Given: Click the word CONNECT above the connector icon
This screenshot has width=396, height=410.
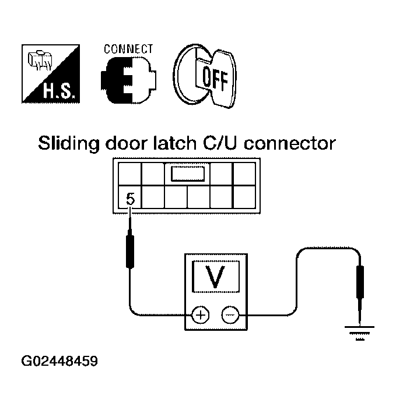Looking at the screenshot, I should [128, 49].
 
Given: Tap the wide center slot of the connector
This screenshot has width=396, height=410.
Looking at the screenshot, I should [187, 174].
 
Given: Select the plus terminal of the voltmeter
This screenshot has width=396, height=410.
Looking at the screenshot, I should [201, 315].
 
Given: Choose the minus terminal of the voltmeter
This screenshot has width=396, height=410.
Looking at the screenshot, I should [230, 315].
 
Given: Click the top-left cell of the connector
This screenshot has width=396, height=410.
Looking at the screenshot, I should [129, 174].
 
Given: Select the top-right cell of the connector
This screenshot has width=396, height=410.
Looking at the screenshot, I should [244, 174].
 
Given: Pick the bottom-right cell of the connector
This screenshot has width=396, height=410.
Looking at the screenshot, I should [244, 197].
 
